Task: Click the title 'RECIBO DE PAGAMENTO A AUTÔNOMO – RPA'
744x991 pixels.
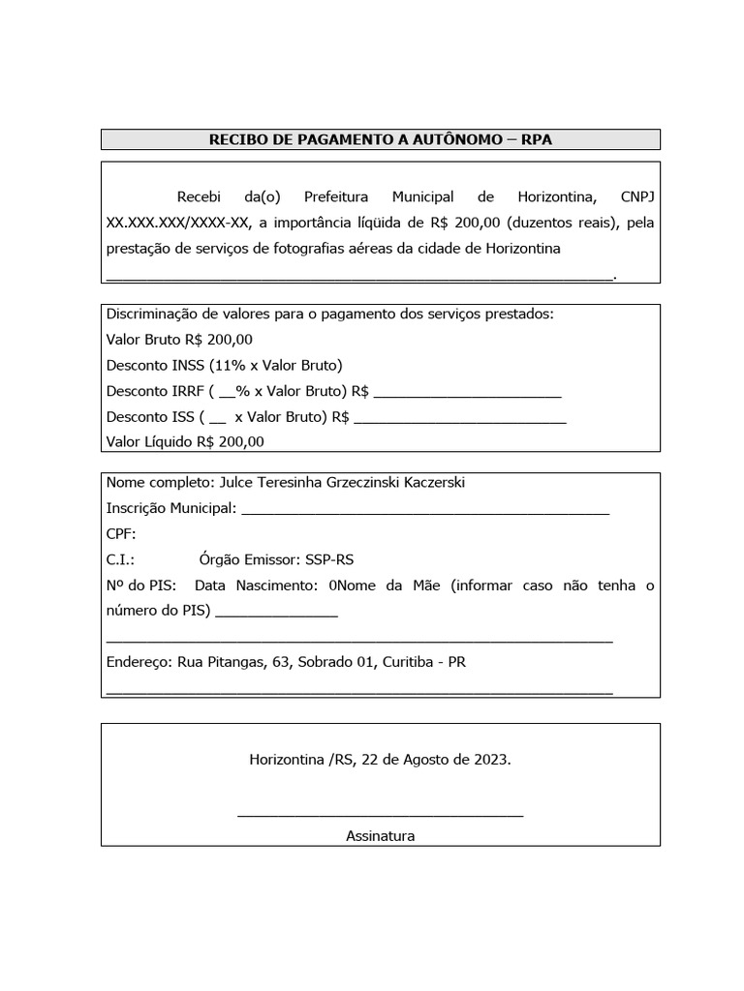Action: pyautogui.click(x=380, y=140)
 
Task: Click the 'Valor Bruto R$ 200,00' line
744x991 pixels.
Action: pyautogui.click(x=179, y=340)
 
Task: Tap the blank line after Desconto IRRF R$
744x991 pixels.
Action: pyautogui.click(x=467, y=396)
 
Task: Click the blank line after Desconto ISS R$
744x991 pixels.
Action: pyautogui.click(x=460, y=422)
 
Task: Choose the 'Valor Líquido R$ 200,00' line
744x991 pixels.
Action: pyautogui.click(x=185, y=441)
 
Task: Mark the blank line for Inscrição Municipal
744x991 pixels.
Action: pyautogui.click(x=424, y=512)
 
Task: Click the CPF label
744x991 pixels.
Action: pyautogui.click(x=121, y=533)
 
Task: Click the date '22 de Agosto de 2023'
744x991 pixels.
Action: pyautogui.click(x=435, y=760)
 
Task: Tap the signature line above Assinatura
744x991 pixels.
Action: pyautogui.click(x=380, y=816)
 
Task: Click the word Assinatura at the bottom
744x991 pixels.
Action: pyautogui.click(x=380, y=835)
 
